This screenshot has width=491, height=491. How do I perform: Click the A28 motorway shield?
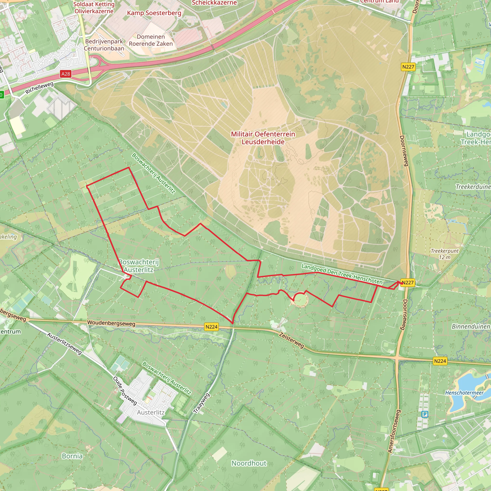click(x=65, y=74)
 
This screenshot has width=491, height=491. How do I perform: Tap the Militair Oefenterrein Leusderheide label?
click(x=263, y=138)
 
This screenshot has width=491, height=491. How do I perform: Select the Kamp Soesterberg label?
click(x=154, y=13)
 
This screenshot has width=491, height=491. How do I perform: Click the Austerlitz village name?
click(x=151, y=412)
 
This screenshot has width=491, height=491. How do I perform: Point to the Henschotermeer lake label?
click(x=464, y=393)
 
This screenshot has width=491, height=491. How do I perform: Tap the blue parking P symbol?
click(x=425, y=415)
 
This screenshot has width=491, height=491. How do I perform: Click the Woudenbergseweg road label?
click(x=111, y=323)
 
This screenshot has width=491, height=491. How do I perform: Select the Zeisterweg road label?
click(x=292, y=340)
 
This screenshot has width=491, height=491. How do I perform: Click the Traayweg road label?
click(x=202, y=403)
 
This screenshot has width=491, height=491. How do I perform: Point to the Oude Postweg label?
click(x=125, y=391)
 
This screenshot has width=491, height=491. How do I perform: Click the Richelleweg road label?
click(x=39, y=88)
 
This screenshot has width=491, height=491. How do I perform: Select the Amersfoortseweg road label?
click(x=394, y=431)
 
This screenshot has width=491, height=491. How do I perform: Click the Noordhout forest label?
click(x=249, y=463)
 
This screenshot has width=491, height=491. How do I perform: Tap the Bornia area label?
click(x=72, y=456)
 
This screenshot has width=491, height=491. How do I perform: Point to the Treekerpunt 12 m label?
click(x=444, y=254)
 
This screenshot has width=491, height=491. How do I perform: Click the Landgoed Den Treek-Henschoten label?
click(x=342, y=274)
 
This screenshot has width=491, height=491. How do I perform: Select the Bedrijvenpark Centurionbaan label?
click(x=104, y=45)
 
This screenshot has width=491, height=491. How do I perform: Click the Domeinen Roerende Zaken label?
click(x=151, y=40)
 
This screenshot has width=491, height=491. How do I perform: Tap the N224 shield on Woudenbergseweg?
click(x=211, y=327)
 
